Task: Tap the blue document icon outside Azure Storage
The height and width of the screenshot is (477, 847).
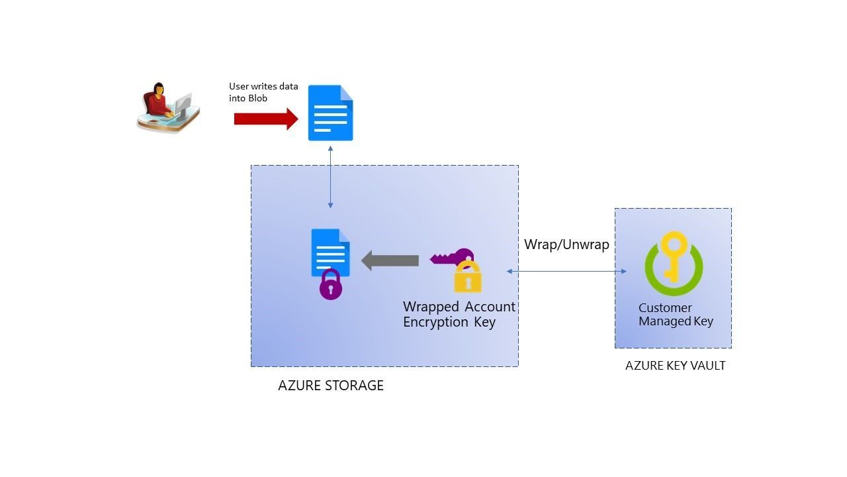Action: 330,113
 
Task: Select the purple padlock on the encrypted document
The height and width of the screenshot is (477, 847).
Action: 331,285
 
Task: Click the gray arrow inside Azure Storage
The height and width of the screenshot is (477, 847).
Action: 390,260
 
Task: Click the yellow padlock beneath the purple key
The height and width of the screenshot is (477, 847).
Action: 468,278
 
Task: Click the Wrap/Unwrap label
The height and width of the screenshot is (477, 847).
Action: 566,244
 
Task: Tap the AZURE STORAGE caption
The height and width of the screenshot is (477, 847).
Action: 331,386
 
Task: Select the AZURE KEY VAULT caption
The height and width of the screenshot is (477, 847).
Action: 675,366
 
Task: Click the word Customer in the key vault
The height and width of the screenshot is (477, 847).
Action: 665,308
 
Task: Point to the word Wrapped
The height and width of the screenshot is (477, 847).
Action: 431,307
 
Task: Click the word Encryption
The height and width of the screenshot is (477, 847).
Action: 435,323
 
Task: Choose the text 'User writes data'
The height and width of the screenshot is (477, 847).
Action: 263,86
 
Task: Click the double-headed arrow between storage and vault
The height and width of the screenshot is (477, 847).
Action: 566,271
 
